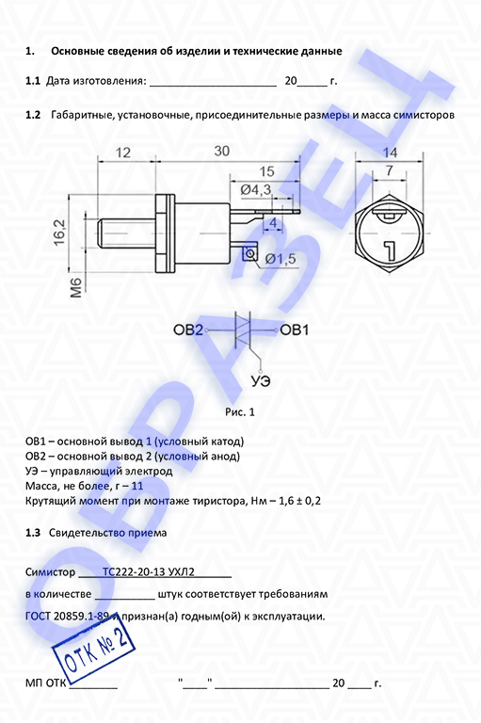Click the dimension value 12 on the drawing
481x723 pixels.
(122, 153)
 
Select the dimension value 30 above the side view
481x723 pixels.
(221, 151)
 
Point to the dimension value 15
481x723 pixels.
(266, 171)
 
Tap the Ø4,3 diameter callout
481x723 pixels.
(256, 189)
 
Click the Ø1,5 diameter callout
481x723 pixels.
(281, 259)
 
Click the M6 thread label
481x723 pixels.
(75, 288)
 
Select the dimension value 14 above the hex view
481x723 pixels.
(390, 153)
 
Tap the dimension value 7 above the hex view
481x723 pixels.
(390, 170)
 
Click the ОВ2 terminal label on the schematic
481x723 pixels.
(188, 330)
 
